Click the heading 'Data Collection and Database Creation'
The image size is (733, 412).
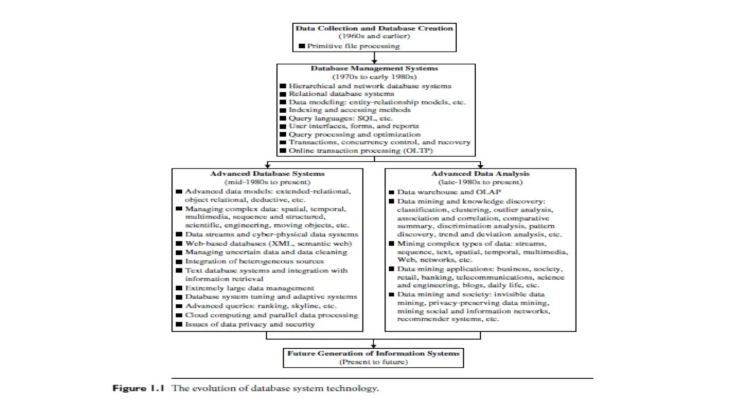[x=374, y=28]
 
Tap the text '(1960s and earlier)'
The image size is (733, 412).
[x=374, y=36]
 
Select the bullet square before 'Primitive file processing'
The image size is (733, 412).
[x=302, y=46]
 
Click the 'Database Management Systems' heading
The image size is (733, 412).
[x=374, y=68]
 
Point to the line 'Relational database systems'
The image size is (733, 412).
[x=341, y=94]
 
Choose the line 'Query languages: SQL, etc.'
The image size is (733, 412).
[x=340, y=118]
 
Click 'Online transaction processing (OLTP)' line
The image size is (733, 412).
[x=361, y=151]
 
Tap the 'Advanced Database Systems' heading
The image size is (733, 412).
[x=267, y=174]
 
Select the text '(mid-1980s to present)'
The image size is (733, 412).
[x=267, y=182]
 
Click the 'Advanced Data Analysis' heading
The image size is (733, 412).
[x=480, y=174]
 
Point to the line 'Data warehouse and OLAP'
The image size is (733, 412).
[x=449, y=192]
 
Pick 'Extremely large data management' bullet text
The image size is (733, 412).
[x=249, y=288]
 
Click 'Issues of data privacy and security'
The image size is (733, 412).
[x=250, y=324]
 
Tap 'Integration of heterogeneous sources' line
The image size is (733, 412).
[x=254, y=261]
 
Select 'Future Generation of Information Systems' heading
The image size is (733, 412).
[x=373, y=354]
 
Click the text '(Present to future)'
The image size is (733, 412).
[x=373, y=362]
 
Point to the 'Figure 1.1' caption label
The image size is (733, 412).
[x=138, y=388]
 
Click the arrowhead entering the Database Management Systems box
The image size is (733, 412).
[x=374, y=62]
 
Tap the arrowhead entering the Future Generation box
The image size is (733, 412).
[x=373, y=346]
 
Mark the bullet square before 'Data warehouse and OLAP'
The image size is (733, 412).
[x=391, y=192]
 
